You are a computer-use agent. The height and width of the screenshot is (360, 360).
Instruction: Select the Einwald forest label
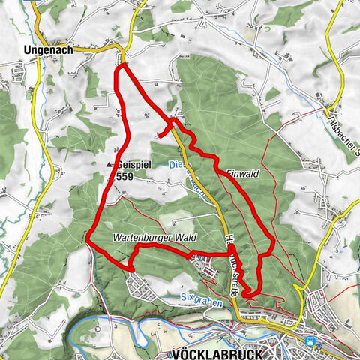pos(241,173)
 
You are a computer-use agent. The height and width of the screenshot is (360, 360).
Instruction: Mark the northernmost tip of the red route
pos(120,66)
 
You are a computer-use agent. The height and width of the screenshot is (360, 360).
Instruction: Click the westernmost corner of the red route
pos(88,241)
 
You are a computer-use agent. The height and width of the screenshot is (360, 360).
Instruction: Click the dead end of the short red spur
pos(160,135)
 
